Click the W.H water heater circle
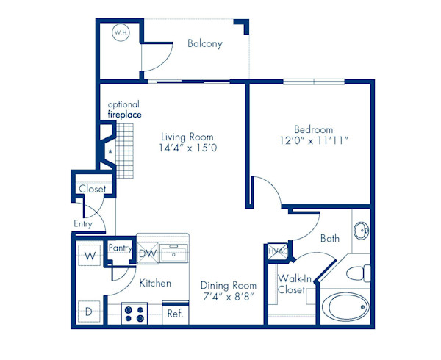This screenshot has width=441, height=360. click(x=119, y=32)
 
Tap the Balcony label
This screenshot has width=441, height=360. click(x=204, y=43)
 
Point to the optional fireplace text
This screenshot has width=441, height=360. click(x=124, y=109)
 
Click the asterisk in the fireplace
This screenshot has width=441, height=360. click(x=110, y=152)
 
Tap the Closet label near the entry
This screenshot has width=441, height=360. click(x=92, y=189)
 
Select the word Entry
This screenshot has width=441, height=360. click(x=83, y=224)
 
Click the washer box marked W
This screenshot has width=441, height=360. click(x=88, y=256)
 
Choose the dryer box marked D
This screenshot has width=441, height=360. click(x=88, y=312)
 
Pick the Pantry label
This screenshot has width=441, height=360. click(x=119, y=248)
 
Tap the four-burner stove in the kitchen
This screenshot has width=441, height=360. click(x=135, y=314)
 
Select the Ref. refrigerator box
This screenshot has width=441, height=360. click(x=175, y=313)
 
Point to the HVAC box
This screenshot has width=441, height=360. click(x=277, y=251)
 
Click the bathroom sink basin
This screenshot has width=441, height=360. click(x=362, y=231)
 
